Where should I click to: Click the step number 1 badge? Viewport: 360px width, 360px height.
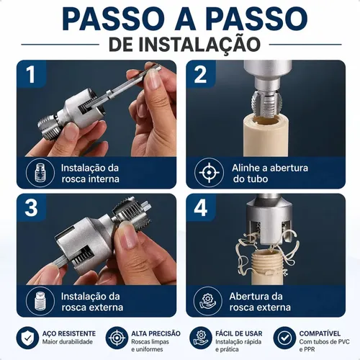coord(31,74)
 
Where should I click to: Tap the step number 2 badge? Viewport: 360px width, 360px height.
coord(200,74)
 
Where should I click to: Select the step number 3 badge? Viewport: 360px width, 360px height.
coord(31,207)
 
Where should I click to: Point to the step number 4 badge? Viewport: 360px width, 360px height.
coord(200,207)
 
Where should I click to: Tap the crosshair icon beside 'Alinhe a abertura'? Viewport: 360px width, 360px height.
coord(209,172)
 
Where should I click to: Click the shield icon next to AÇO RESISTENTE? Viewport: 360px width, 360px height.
coord(27,338)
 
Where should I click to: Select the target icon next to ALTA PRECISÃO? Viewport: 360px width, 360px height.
coord(117,338)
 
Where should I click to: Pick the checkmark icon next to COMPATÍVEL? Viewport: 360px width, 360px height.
coord(284,338)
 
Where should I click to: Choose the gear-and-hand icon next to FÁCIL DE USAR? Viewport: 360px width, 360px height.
coord(201,338)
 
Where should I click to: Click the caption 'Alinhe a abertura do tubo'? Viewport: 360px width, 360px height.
coord(270,174)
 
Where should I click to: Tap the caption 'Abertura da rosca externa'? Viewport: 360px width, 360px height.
coord(260,302)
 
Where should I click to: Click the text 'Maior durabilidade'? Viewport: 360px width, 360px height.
coord(68,342)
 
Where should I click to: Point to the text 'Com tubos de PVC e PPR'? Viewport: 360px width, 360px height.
coord(324,345)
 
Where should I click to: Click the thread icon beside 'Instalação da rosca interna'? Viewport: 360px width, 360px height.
coord(40,173)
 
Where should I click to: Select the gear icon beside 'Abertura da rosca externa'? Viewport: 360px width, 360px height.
coord(207,301)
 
